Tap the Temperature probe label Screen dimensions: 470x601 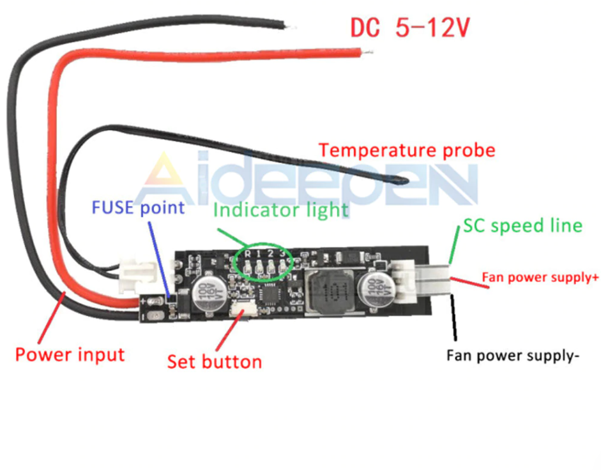407,150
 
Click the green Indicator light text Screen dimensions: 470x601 281,209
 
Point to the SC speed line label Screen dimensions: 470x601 522,225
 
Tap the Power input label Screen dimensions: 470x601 70,354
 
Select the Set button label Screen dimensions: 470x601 215,361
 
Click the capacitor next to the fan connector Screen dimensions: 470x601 374,291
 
